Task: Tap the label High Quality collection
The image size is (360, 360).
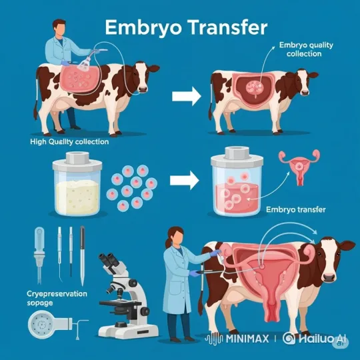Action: click(x=69, y=141)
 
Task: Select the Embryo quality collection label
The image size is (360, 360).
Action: click(x=306, y=49)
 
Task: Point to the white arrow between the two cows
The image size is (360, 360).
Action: click(x=187, y=97)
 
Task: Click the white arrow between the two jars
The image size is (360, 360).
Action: click(x=185, y=181)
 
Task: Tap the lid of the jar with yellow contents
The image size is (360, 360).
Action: click(x=77, y=161)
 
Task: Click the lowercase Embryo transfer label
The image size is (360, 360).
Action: click(x=296, y=209)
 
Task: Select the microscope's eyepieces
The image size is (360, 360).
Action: click(x=110, y=260)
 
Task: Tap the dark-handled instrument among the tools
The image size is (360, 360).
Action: click(x=82, y=255)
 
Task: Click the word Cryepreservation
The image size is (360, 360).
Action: click(x=57, y=293)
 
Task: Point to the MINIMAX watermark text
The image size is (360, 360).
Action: click(x=247, y=339)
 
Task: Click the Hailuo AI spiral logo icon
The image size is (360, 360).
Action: click(x=289, y=338)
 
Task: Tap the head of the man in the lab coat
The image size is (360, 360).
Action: click(x=60, y=28)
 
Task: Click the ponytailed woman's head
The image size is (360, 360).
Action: click(x=175, y=236)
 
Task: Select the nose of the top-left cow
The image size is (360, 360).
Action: click(x=143, y=89)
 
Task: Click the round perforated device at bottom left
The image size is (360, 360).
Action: click(x=42, y=325)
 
